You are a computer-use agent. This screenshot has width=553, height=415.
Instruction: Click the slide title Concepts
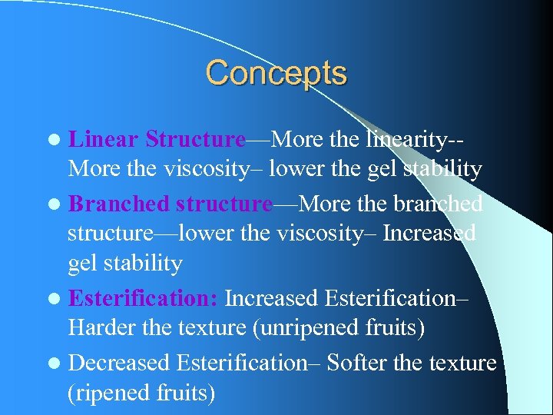click(x=276, y=74)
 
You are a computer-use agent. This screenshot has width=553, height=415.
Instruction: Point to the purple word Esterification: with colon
click(x=144, y=297)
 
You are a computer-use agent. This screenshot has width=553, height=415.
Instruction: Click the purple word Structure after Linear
click(x=195, y=139)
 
